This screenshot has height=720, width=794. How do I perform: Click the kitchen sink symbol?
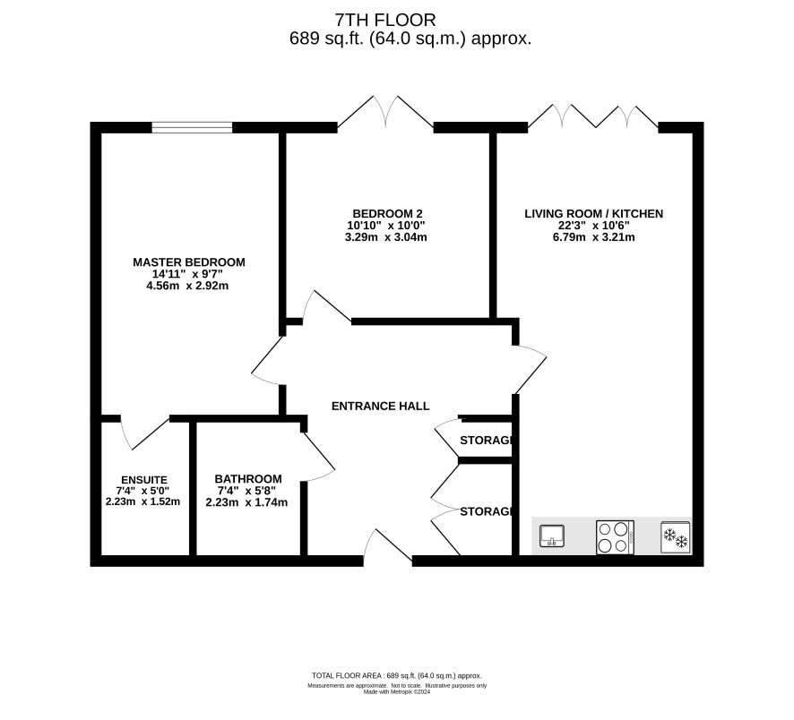pyautogui.click(x=552, y=536)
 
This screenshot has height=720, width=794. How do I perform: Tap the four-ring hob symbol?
pyautogui.click(x=616, y=537)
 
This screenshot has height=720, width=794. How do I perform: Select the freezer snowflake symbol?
pyautogui.click(x=676, y=537)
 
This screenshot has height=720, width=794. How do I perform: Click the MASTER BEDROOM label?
pyautogui.click(x=189, y=262)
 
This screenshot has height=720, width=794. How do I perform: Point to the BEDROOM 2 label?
pyautogui.click(x=387, y=213)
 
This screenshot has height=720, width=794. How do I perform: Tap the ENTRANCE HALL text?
pyautogui.click(x=380, y=406)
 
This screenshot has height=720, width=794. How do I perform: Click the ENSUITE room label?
pyautogui.click(x=143, y=480)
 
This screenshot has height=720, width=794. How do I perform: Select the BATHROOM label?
pyautogui.click(x=248, y=478)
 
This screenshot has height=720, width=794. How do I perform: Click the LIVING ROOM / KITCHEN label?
pyautogui.click(x=594, y=213)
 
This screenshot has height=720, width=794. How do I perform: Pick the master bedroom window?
pyautogui.click(x=193, y=127)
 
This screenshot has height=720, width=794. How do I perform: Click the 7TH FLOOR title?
pyautogui.click(x=385, y=20)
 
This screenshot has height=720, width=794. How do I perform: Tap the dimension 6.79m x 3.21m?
pyautogui.click(x=594, y=236)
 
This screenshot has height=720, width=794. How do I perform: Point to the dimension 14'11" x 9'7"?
pyautogui.click(x=188, y=274)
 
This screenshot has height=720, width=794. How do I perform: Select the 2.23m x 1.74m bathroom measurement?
pyautogui.click(x=246, y=502)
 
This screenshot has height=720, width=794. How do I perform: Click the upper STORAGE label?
pyautogui.click(x=487, y=441)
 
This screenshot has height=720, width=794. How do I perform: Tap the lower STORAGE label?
pyautogui.click(x=487, y=511)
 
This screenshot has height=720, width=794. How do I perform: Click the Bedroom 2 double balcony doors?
pyautogui.click(x=386, y=111)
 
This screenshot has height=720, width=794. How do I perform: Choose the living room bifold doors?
pyautogui.click(x=593, y=116)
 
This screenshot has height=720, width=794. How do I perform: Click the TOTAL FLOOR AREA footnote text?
pyautogui.click(x=397, y=675)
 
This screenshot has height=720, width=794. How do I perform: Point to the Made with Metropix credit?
pyautogui.click(x=397, y=691)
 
